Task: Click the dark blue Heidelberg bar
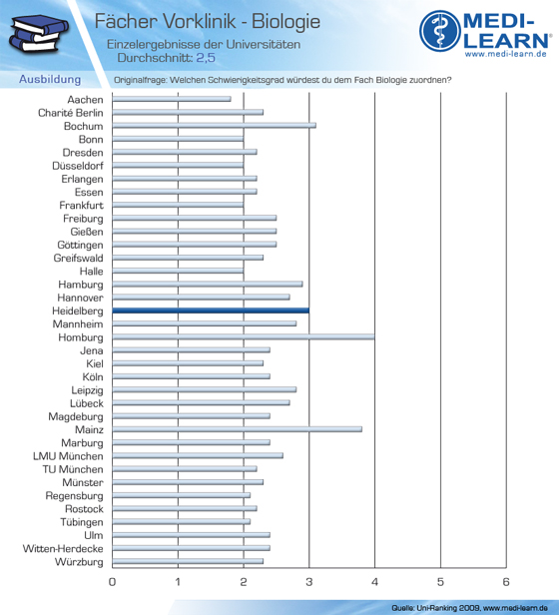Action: pyautogui.click(x=211, y=310)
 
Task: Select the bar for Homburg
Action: pyautogui.click(x=244, y=336)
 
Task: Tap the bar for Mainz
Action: pyautogui.click(x=237, y=429)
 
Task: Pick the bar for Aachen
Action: pyautogui.click(x=172, y=99)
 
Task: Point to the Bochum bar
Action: pyautogui.click(x=214, y=126)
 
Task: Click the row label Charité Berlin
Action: pyautogui.click(x=71, y=113)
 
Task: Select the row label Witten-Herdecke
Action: pyautogui.click(x=63, y=549)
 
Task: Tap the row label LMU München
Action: pyautogui.click(x=68, y=456)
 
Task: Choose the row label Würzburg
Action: pyautogui.click(x=79, y=562)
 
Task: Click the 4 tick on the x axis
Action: pyautogui.click(x=374, y=582)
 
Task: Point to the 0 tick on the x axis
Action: pyautogui.click(x=112, y=582)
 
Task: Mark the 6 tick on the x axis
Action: pyautogui.click(x=506, y=582)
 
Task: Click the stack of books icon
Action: pyautogui.click(x=38, y=33)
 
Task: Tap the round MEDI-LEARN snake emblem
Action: pyautogui.click(x=440, y=31)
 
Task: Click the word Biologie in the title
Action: pyautogui.click(x=285, y=22)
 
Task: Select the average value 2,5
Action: pyautogui.click(x=206, y=58)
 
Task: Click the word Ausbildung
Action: pyautogui.click(x=50, y=79)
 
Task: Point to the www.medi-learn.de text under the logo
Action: pyautogui.click(x=505, y=54)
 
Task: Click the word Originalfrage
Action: pyautogui.click(x=141, y=80)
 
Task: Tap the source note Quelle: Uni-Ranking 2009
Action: pyautogui.click(x=435, y=608)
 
